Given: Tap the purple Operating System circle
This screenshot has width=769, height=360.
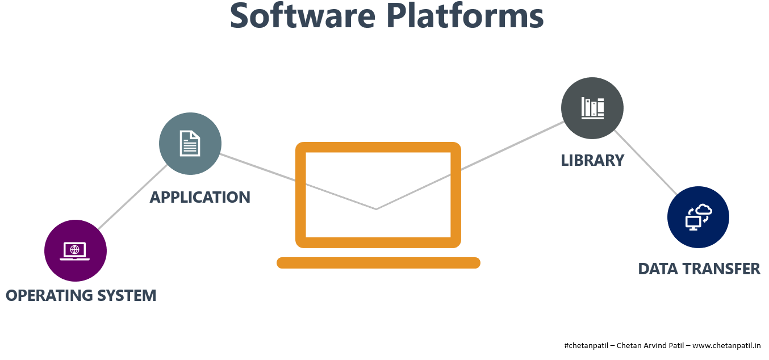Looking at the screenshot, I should pos(76,250).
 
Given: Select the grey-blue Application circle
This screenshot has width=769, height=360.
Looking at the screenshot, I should pos(190,144).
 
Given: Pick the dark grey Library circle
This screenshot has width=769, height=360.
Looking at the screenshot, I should pos(592,108).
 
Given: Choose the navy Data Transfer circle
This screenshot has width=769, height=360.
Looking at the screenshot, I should pos(698,217).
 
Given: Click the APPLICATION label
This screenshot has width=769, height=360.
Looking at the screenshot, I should pos(200,197).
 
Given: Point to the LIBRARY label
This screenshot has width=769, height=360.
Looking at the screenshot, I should pos(592,161).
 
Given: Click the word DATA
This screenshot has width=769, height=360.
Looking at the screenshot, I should pos(658,269).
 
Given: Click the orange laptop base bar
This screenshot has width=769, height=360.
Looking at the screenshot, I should pos(378,263).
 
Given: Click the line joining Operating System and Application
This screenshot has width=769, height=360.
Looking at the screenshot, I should pos(132,197).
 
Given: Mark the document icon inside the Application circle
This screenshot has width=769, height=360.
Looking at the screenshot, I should pos(190,143).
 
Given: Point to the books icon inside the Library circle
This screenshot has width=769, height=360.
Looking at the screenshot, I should pos(592,108).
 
